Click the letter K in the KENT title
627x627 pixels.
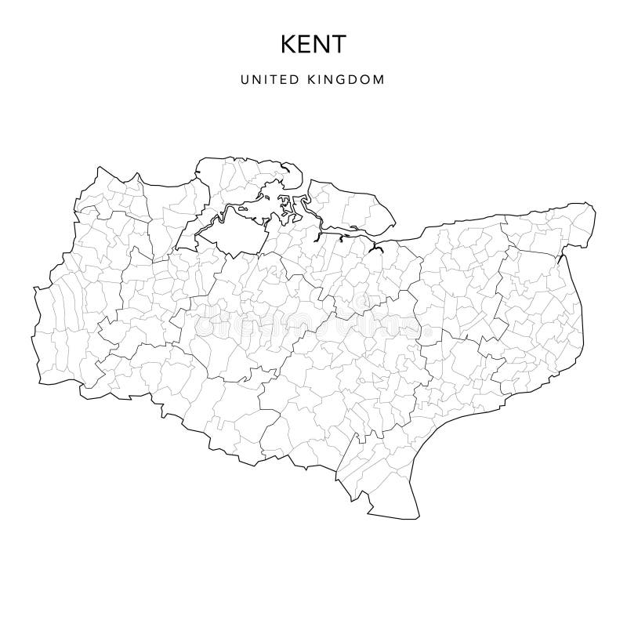pos(286,45)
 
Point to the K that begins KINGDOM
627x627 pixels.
pos(320,80)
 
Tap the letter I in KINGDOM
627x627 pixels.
pos(327,80)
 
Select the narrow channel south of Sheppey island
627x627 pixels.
pos(329,230)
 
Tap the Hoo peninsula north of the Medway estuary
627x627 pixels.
pos(243,176)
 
